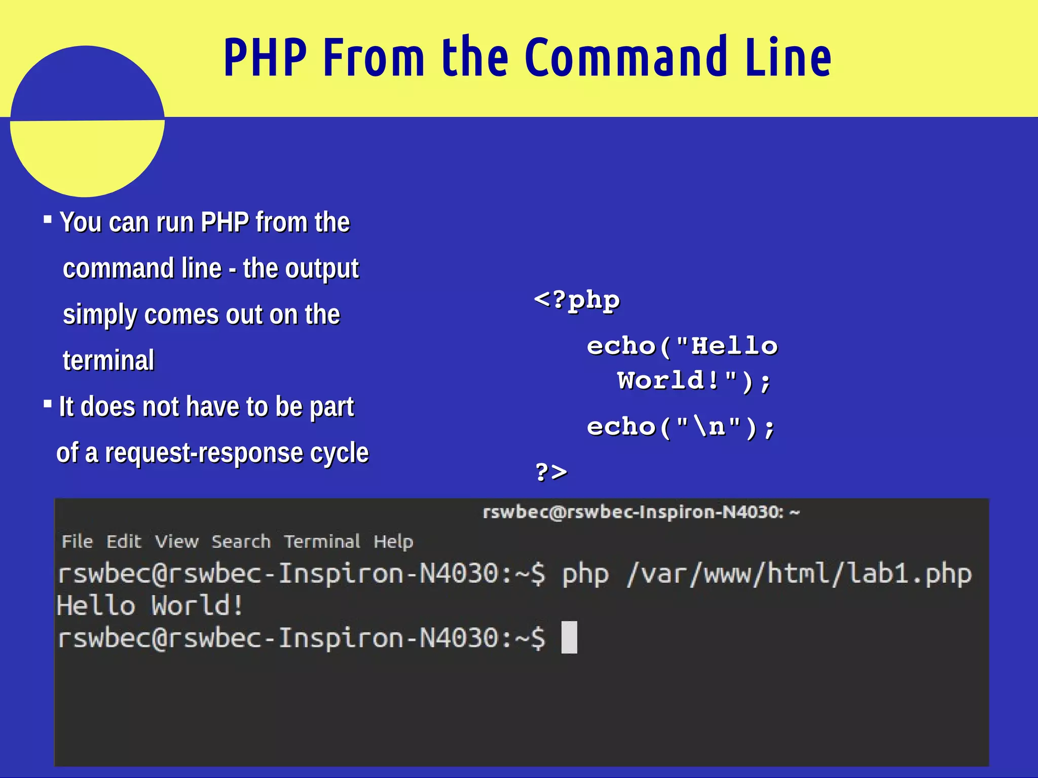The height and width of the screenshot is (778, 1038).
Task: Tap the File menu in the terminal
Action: [77, 541]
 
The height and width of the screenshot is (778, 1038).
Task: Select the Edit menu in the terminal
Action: [124, 541]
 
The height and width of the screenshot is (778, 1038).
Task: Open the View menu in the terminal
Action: [176, 541]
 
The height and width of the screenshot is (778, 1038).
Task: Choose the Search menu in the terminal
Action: [241, 541]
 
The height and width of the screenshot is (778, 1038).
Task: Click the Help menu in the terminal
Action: [393, 541]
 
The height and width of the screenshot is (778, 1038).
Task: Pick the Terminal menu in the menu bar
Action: [322, 541]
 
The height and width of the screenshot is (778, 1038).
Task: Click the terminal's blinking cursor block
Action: [569, 637]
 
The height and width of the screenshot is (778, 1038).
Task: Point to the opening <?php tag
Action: [577, 300]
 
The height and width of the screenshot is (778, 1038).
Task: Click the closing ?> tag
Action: [551, 472]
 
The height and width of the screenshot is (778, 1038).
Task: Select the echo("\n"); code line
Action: [680, 427]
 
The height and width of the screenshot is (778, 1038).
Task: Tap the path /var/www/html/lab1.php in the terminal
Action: [799, 574]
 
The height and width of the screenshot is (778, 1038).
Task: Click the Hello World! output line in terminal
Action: [150, 606]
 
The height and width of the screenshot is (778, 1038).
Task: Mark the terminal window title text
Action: [641, 512]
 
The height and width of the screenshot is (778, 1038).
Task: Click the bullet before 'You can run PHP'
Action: [48, 219]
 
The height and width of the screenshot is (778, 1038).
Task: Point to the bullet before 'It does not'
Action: [48, 404]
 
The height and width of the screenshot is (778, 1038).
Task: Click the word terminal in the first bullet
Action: [108, 361]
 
